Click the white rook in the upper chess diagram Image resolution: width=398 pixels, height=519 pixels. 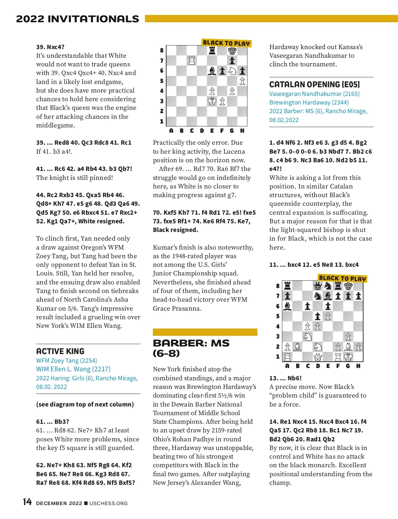[192, 61]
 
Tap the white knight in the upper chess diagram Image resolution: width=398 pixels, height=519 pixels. [232, 71]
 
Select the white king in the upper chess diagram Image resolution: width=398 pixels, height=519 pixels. [212, 101]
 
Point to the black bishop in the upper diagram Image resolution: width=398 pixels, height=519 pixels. [212, 71]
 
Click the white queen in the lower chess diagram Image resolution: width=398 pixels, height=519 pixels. [318, 357]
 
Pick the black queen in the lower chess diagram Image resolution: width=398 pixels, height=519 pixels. [318, 286]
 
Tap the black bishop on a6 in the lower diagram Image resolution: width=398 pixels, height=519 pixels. [288, 306]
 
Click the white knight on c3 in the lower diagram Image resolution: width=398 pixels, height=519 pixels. [307, 336]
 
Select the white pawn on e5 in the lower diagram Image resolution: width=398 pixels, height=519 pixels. [328, 316]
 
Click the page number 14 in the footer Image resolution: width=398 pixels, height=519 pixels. [27, 502]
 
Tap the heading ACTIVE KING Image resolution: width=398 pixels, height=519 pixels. [60, 351]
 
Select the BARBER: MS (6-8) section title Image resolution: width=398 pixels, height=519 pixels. [191, 348]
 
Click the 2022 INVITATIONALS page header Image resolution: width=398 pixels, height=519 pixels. [78, 19]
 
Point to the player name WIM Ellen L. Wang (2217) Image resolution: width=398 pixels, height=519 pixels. [73, 369]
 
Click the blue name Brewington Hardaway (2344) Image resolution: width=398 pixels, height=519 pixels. [309, 102]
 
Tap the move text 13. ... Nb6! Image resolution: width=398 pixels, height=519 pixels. [286, 378]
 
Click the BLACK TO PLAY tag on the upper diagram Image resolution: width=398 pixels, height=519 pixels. [226, 43]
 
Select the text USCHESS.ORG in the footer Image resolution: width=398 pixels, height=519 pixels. [108, 503]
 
